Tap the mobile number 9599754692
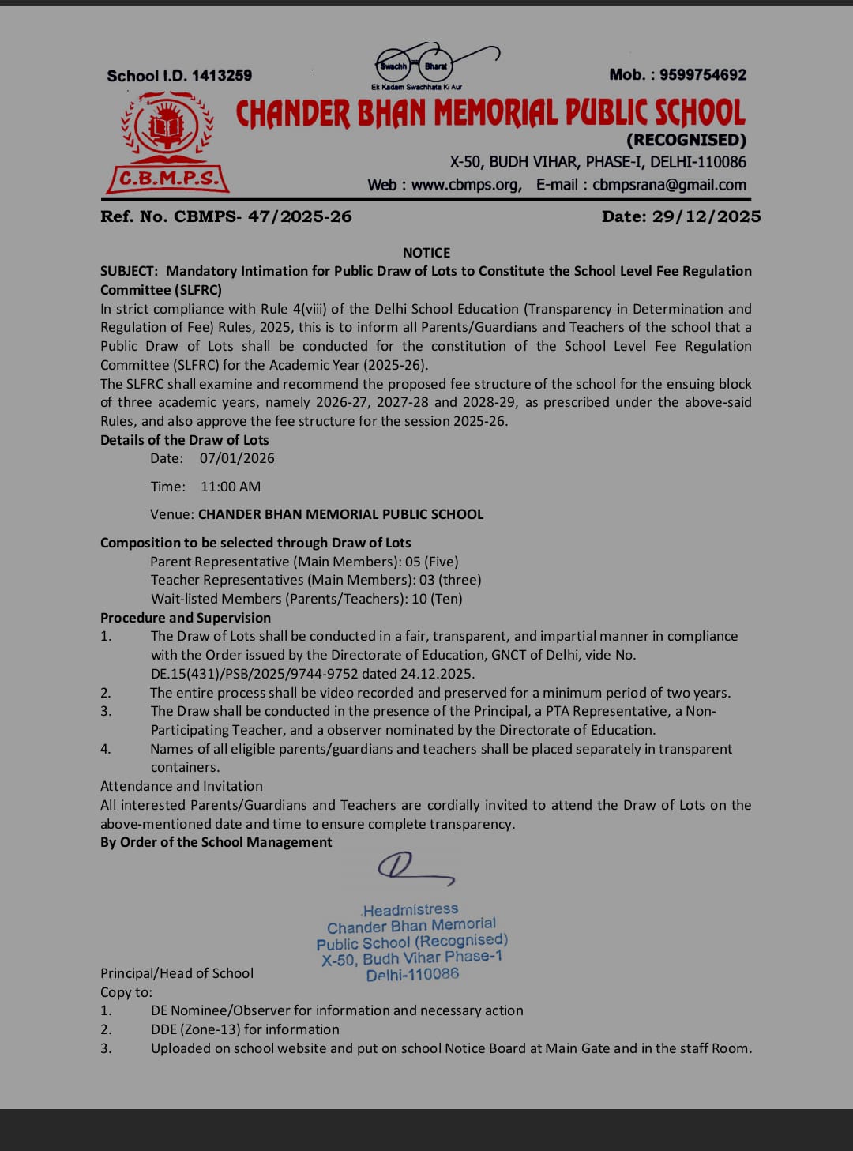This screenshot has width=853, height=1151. pos(703,75)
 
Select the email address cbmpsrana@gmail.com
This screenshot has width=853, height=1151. pos(669,185)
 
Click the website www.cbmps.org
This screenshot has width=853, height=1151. pos(465,185)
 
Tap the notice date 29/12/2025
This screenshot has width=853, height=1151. pos(706,216)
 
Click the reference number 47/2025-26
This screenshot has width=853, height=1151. pos(299,216)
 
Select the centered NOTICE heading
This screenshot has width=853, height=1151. pos(426,253)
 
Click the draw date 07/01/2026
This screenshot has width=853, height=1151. pos(237,458)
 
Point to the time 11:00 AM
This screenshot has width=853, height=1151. pos(230,487)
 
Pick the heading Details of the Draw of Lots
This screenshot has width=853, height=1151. pos(184,440)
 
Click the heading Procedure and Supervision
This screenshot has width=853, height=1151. pos(186,618)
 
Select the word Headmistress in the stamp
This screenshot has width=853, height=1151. pos(411,909)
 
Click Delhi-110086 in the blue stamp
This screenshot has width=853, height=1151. pos(412,975)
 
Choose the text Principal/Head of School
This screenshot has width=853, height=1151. pos(177,973)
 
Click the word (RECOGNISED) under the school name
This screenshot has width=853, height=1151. pos(686,141)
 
